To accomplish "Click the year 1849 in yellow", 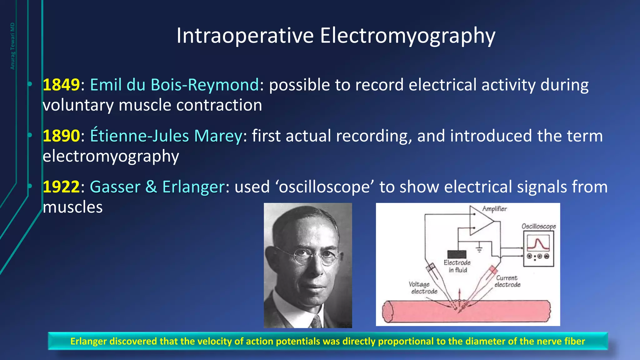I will (61, 85).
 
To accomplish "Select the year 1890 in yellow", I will (61, 136).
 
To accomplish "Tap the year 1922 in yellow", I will (61, 187).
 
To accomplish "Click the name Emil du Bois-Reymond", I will (174, 85).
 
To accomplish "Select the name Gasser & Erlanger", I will (157, 187).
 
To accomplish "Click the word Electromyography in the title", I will (407, 36).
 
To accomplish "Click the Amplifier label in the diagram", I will (494, 209).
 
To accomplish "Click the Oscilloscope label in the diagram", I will (538, 226).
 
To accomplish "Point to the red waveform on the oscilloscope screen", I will (538, 244).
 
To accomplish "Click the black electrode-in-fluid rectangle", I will (457, 254).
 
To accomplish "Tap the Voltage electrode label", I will (422, 288).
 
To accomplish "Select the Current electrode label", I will (507, 281).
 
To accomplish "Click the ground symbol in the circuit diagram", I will (479, 249).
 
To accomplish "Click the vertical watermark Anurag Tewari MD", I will (12, 46).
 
